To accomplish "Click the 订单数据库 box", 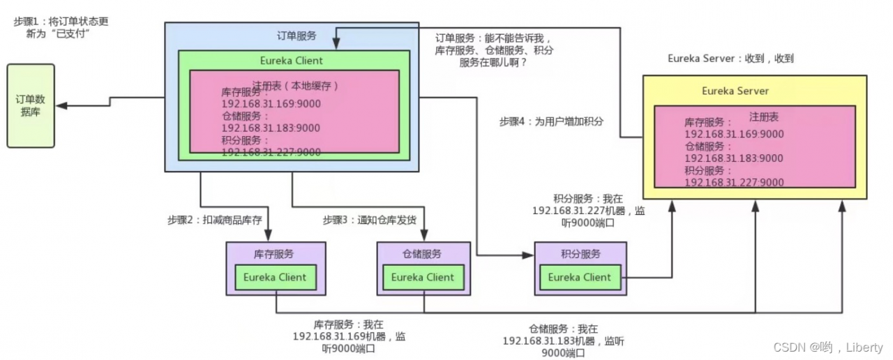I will tap(31, 105).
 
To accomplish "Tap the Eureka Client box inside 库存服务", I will tap(275, 277).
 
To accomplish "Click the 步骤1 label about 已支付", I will tap(61, 28).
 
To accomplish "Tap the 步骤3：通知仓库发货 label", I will tap(369, 220).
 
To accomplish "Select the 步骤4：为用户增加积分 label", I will tap(551, 121).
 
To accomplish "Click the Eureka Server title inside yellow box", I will tap(735, 91).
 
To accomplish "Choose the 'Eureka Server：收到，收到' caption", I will tap(730, 59).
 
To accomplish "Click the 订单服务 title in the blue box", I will tap(297, 36).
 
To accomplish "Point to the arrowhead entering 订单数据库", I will tap(60, 105).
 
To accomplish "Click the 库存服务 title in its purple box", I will tap(275, 254).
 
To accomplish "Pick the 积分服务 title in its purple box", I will tap(580, 254).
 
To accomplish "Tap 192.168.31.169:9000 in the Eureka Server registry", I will tap(734, 135).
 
